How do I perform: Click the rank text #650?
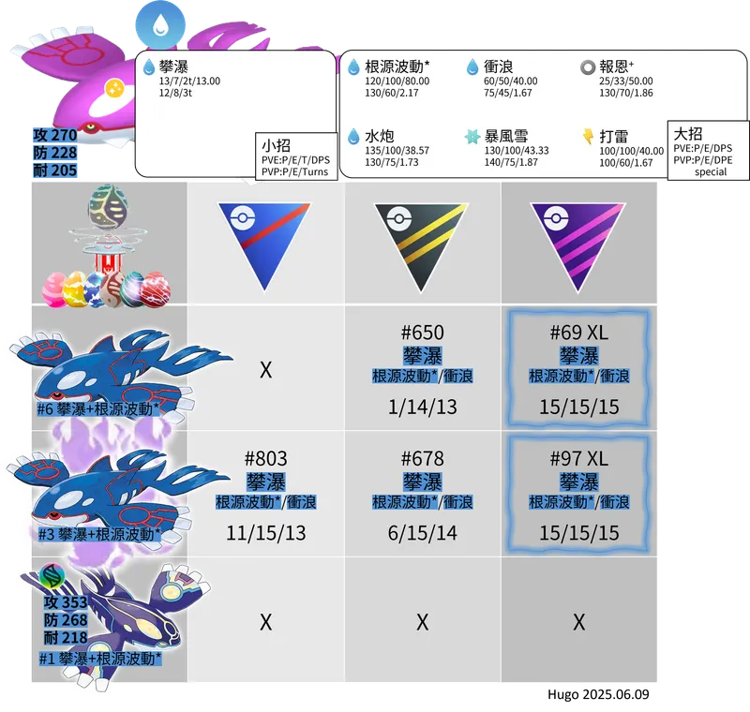[x=423, y=333]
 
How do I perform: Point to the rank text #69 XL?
[x=579, y=333]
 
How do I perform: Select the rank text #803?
[x=266, y=459]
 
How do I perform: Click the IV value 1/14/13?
[x=423, y=408]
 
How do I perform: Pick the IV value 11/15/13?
[x=266, y=533]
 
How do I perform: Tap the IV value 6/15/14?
[x=423, y=533]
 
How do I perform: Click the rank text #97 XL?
[x=579, y=459]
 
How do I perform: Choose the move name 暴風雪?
[x=506, y=137]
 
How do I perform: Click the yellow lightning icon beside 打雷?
[x=588, y=136]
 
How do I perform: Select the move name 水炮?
[x=380, y=137]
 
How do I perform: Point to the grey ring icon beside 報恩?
[x=588, y=67]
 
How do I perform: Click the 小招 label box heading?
[x=276, y=145]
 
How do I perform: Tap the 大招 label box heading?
[x=688, y=133]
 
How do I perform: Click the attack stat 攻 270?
[x=55, y=135]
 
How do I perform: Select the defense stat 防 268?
[x=66, y=620]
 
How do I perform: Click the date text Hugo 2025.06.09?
[x=598, y=694]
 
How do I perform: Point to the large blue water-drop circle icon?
[x=160, y=25]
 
